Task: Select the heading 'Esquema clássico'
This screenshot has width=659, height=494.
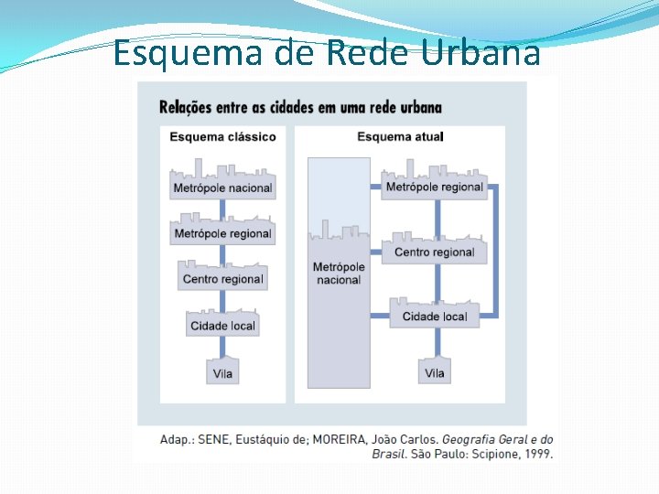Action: pyautogui.click(x=222, y=137)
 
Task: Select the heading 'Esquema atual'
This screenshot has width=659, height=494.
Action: pyautogui.click(x=400, y=137)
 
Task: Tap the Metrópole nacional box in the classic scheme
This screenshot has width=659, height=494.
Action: pyautogui.click(x=222, y=188)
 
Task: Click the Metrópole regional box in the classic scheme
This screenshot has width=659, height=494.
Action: pyautogui.click(x=222, y=233)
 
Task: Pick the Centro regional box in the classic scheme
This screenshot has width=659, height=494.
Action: pyautogui.click(x=222, y=279)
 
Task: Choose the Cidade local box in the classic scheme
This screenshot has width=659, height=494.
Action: pyautogui.click(x=222, y=326)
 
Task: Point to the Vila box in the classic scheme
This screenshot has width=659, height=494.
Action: pyautogui.click(x=222, y=373)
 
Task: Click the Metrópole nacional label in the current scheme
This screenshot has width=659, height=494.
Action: pyautogui.click(x=339, y=273)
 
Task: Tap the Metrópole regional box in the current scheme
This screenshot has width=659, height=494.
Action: pyautogui.click(x=434, y=187)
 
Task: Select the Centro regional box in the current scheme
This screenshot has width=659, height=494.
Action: pyautogui.click(x=434, y=252)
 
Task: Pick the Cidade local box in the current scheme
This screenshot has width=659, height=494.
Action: pyautogui.click(x=434, y=317)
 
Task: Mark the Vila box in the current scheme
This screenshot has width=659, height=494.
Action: pyautogui.click(x=435, y=372)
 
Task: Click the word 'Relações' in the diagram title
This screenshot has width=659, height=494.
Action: pyautogui.click(x=188, y=107)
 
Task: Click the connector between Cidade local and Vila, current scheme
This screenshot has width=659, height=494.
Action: pyautogui.click(x=438, y=343)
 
